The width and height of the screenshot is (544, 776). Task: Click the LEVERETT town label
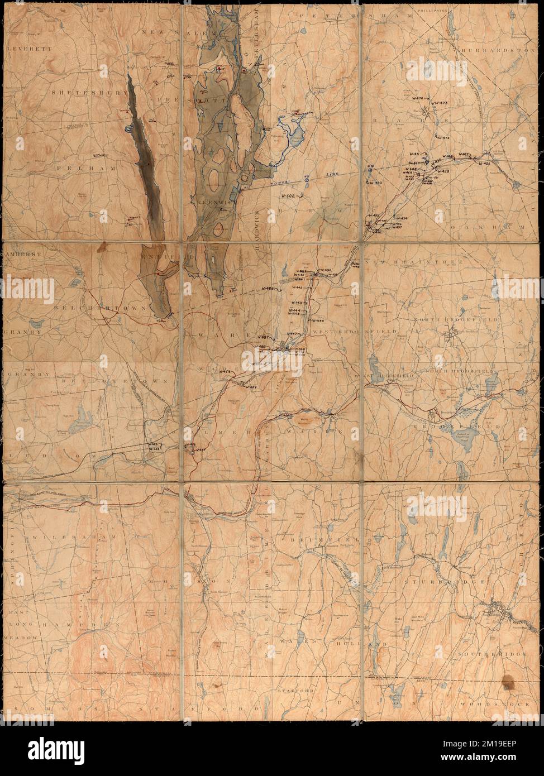(x=21, y=49)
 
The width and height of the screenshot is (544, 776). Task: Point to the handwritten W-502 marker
(x=288, y=196)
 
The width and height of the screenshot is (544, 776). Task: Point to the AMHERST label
(x=20, y=253)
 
